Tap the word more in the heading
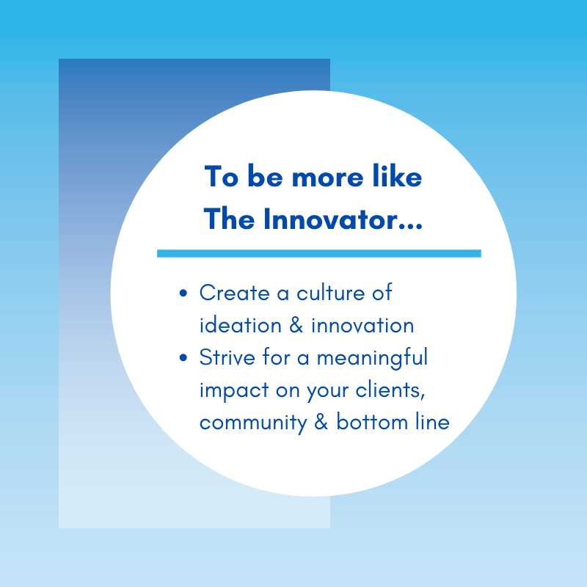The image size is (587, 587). (327, 178)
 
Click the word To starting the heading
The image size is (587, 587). (222, 176)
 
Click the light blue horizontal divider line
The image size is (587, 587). (319, 253)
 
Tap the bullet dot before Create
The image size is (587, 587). (183, 293)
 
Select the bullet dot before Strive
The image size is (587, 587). (183, 357)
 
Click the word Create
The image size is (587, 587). (234, 292)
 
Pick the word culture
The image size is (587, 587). (331, 292)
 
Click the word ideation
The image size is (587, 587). (241, 324)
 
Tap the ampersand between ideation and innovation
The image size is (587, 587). (296, 324)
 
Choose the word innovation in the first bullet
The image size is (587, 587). (362, 324)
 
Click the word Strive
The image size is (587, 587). (227, 357)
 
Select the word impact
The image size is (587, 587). (234, 390)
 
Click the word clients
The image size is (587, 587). (390, 390)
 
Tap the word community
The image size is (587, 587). (253, 423)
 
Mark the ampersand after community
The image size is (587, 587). (321, 422)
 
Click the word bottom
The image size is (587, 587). (372, 421)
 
